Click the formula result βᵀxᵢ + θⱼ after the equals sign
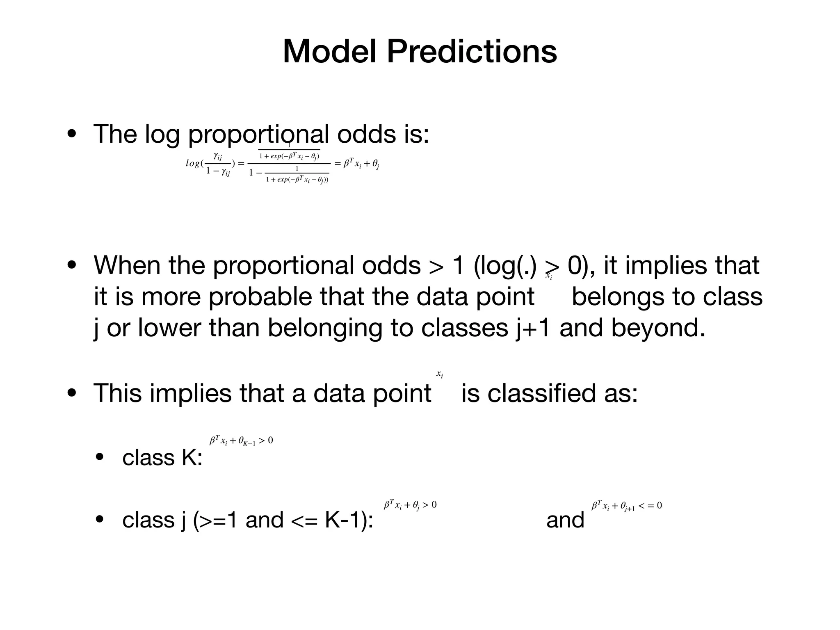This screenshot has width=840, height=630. [x=361, y=164]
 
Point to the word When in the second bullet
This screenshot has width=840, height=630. [x=127, y=265]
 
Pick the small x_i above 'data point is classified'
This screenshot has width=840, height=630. [x=439, y=374]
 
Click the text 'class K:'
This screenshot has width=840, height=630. [x=162, y=457]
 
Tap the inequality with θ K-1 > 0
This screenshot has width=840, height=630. [x=241, y=441]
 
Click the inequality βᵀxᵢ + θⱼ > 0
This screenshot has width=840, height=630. [x=410, y=505]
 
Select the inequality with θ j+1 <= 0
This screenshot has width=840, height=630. [x=626, y=506]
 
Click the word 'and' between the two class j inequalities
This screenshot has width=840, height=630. [x=565, y=520]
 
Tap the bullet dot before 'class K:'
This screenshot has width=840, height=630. [x=100, y=457]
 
